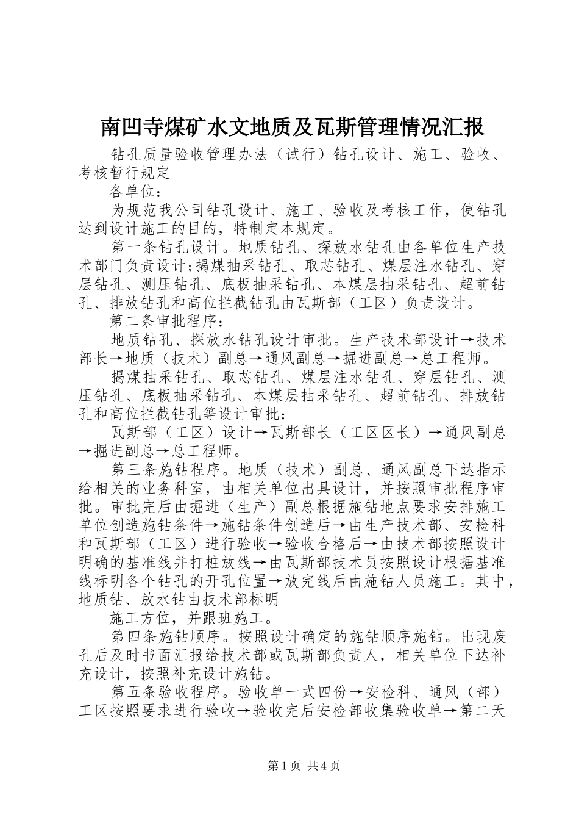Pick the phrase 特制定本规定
point(283,229)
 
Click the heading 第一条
point(135,248)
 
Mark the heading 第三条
point(135,470)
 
